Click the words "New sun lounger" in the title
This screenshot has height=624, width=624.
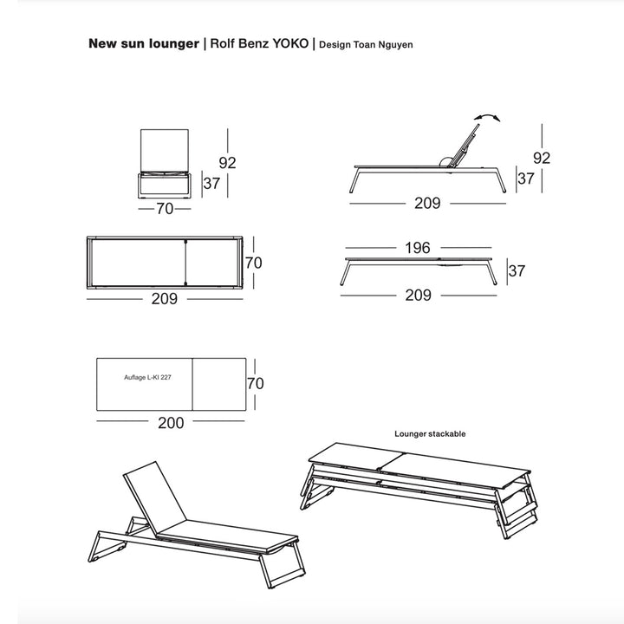coord(143,43)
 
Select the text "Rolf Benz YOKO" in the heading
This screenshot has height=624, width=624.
coord(257,43)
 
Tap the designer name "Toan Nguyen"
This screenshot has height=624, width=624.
coord(384,44)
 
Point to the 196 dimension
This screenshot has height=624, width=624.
coord(417,248)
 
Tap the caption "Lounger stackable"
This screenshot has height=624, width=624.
coord(430,433)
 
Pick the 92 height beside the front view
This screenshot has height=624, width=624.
coord(227,162)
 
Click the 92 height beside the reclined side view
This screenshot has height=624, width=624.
coord(542,158)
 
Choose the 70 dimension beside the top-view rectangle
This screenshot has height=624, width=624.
coord(253,262)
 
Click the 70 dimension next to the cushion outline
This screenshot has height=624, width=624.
coord(255,382)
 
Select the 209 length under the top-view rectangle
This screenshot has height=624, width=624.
coord(165,298)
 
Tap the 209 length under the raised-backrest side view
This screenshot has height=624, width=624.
coord(427,204)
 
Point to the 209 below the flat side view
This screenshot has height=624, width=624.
coord(418,295)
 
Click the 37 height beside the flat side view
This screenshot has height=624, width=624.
coord(517,270)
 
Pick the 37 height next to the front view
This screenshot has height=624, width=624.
coord(211,184)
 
